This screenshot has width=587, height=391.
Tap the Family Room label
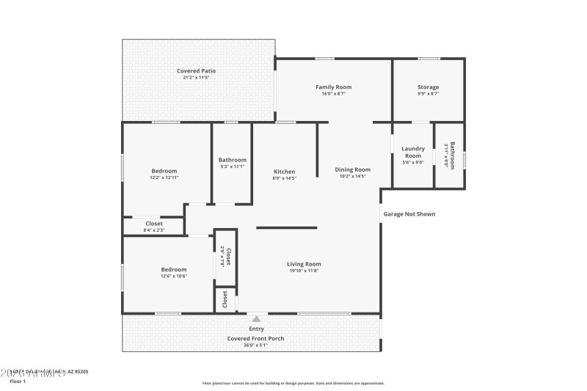334,87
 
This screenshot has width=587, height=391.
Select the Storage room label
429,87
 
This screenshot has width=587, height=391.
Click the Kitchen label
284,171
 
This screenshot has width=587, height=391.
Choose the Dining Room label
353,169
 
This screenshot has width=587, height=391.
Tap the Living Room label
304,264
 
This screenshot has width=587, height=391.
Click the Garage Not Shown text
409,214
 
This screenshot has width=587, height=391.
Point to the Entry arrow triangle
256,319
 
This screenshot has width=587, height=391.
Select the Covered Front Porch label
256,338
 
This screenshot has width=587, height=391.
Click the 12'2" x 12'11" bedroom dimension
164,178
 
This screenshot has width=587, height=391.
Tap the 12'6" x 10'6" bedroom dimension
174,276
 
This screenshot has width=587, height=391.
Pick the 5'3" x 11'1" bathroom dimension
233,167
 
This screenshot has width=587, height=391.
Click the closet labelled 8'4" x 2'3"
154,230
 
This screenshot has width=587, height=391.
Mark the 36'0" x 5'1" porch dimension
256,345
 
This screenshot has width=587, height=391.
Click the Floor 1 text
18,381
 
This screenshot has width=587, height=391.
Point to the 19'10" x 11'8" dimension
304,271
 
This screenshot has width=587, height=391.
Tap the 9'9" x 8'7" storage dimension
429,94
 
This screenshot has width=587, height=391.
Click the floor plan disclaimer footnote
293,383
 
